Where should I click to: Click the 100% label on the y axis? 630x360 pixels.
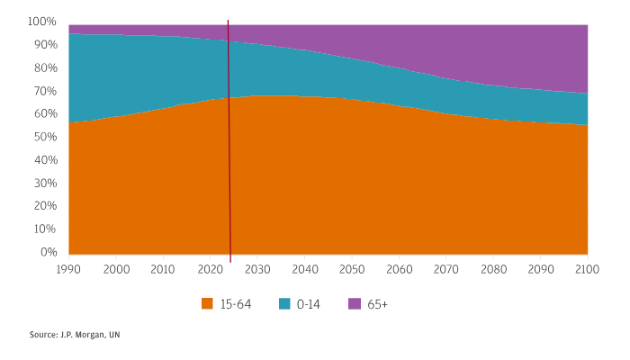point(42,21)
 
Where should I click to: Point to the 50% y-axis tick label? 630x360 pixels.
point(44,137)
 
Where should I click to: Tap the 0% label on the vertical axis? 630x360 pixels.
point(48,253)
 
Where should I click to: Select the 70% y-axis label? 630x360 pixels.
point(44,91)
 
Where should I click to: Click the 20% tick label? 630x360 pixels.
point(44,206)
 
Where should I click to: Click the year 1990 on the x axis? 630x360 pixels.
point(68,269)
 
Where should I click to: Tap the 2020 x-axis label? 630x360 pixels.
point(210,269)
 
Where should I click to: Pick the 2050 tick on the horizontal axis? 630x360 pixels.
point(352,269)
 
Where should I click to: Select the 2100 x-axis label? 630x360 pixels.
point(588,269)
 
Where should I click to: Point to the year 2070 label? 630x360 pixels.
point(446,269)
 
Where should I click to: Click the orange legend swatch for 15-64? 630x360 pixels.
point(207,304)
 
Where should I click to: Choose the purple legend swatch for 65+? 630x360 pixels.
point(354,304)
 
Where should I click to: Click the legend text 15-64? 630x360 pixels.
point(236,304)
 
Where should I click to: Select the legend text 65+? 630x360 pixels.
point(377,304)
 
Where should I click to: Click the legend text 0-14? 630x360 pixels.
point(308,304)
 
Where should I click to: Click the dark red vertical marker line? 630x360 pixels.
point(229,135)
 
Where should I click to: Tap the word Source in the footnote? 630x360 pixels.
point(42,335)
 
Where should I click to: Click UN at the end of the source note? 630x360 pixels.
point(114,335)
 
